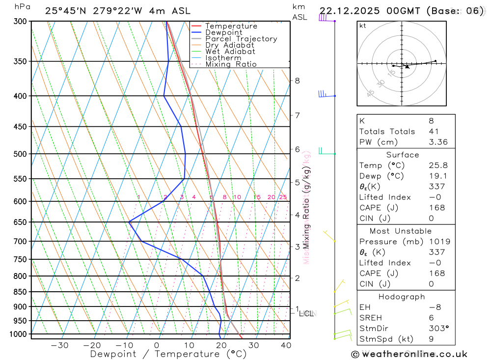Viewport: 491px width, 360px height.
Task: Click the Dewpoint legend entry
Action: [x=223, y=32]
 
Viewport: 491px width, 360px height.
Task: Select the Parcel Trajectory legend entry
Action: [x=241, y=39]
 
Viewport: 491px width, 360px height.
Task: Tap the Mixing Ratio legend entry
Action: [x=231, y=64]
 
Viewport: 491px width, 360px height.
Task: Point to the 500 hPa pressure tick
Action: [x=20, y=154]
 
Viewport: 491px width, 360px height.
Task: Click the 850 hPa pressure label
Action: [x=20, y=292]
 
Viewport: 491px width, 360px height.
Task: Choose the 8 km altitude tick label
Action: [x=297, y=81]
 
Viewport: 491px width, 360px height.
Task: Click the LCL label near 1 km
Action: [x=306, y=313]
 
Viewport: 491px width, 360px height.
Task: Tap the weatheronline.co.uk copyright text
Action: [x=409, y=354]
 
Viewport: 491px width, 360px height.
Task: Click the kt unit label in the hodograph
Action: [x=362, y=26]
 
